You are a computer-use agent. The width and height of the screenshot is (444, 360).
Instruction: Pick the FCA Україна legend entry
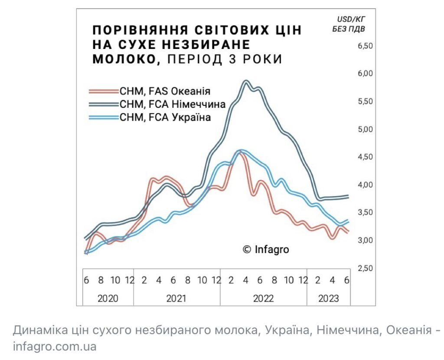[165, 117]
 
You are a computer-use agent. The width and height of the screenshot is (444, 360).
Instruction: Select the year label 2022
[263, 298]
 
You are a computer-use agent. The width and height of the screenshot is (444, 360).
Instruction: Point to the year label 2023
[328, 298]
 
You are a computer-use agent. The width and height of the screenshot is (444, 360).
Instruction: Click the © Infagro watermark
[265, 250]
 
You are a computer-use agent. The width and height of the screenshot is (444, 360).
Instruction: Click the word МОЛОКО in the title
[123, 59]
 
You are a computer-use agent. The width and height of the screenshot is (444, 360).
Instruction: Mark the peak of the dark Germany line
[246, 81]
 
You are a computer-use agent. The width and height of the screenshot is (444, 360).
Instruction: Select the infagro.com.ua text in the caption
[54, 347]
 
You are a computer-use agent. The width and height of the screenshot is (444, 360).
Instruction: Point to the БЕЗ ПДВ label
[349, 29]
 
